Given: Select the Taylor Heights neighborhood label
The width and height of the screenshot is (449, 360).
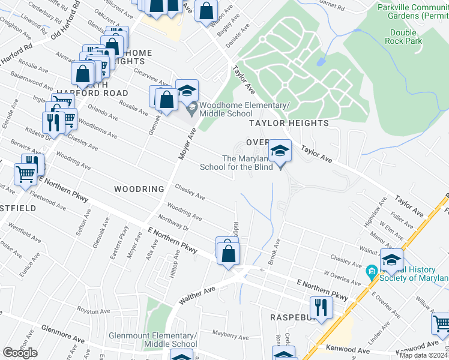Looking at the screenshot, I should (289, 123).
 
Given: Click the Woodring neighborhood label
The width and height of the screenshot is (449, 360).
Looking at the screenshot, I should (139, 189).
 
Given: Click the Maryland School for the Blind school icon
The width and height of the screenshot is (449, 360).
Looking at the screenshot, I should (280, 151).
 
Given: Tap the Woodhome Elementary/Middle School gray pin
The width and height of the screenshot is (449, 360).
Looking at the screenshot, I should (192, 109).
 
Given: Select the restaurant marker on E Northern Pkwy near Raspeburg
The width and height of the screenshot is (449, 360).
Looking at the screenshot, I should (322, 307).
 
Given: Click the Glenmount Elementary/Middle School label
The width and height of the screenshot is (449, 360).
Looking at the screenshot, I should (152, 340).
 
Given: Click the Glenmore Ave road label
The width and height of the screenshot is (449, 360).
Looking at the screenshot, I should (62, 334).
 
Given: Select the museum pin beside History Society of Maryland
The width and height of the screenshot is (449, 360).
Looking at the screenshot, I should (372, 272).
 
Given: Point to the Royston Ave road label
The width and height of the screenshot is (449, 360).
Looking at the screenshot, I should (92, 311).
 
